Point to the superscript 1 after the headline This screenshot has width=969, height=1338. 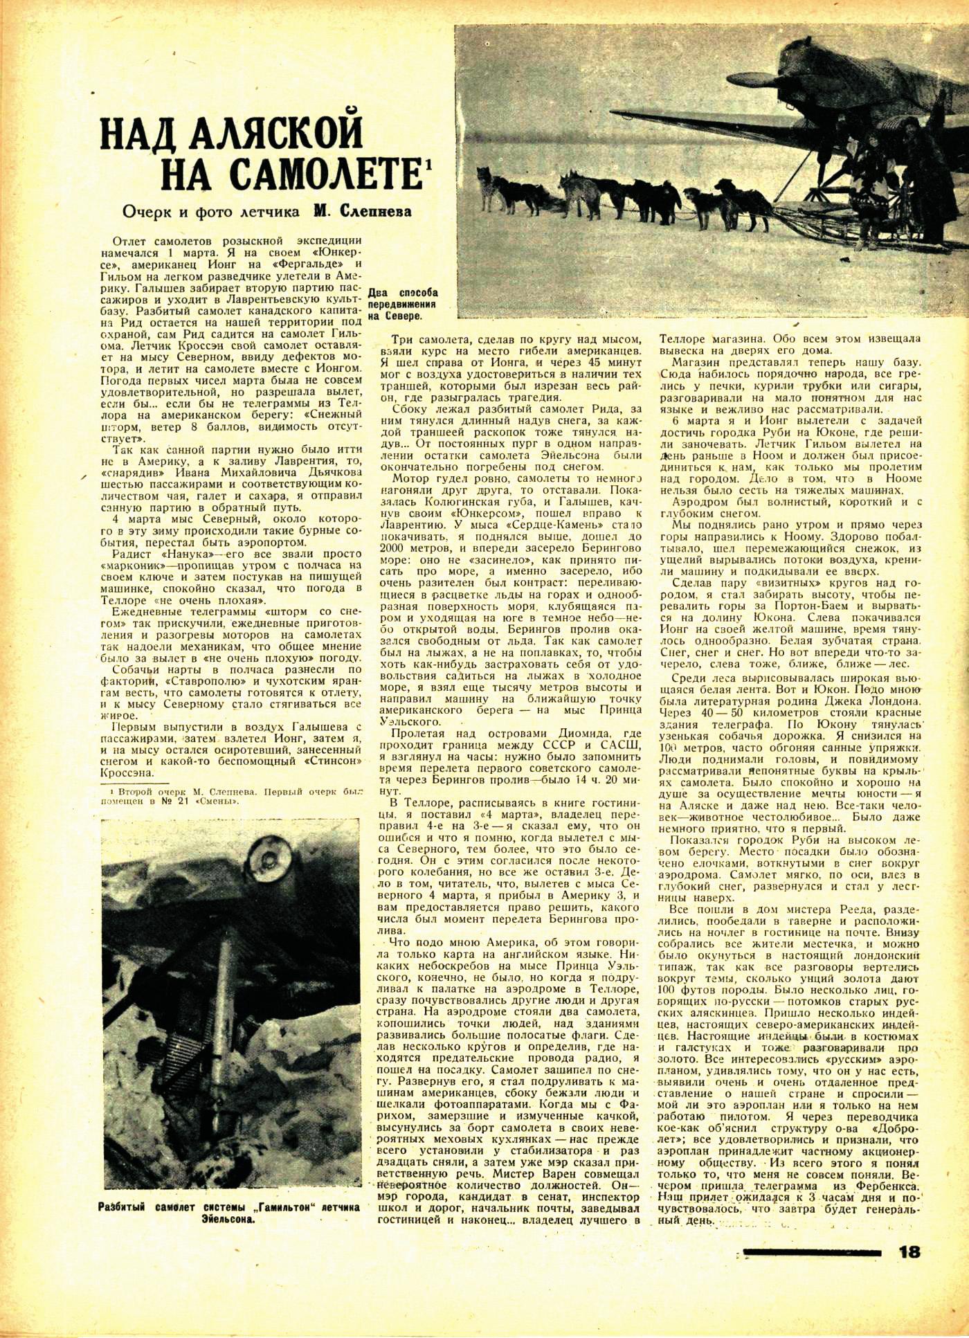click(429, 163)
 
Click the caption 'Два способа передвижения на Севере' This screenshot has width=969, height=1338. click(402, 304)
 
